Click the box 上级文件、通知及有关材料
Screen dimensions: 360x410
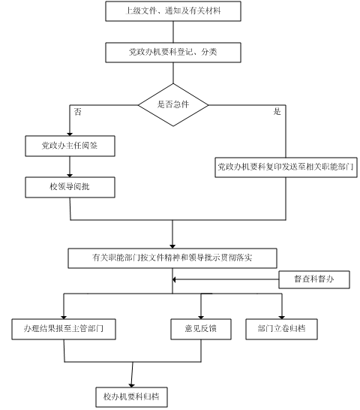point(173,11)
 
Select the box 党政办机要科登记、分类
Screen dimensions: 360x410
point(173,53)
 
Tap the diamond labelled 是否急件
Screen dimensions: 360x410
point(173,105)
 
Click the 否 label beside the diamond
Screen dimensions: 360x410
point(77,112)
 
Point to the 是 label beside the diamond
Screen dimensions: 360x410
point(277,112)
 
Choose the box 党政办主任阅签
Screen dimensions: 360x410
point(70,146)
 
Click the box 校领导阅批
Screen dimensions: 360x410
point(70,187)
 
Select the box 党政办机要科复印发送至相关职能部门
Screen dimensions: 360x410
point(286,167)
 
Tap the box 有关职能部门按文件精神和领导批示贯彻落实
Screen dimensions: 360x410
point(172,258)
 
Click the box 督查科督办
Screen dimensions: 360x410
point(314,279)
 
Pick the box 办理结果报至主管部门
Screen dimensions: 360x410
point(64,329)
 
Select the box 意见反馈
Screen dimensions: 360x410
point(201,329)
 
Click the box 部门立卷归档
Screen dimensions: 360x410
point(282,329)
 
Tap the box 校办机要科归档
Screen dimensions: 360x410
point(131,397)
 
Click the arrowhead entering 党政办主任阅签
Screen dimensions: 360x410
point(70,134)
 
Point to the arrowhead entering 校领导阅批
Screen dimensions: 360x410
point(70,176)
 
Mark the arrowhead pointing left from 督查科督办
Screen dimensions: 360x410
point(174,279)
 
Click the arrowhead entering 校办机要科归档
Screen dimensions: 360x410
point(132,386)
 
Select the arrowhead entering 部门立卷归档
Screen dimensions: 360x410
point(282,318)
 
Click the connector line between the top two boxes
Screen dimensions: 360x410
point(173,32)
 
